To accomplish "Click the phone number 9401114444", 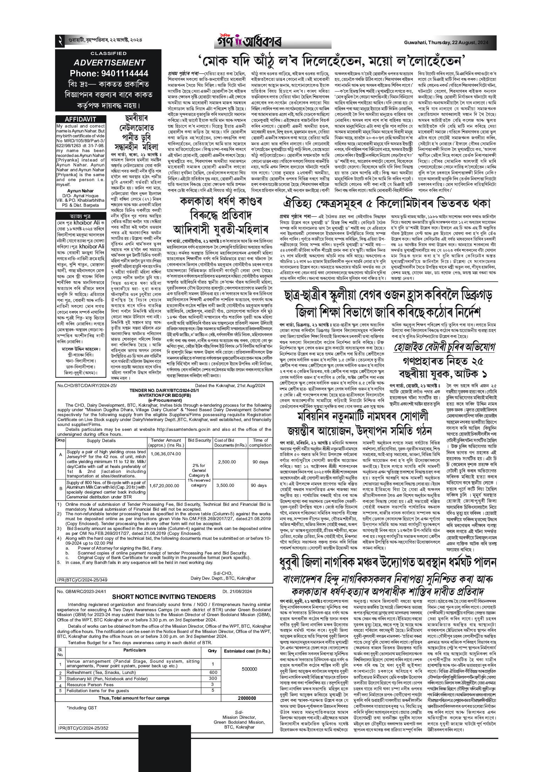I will point(109,74).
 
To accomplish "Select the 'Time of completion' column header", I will point(260,443).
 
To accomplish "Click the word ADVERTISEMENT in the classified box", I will point(109,63).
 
